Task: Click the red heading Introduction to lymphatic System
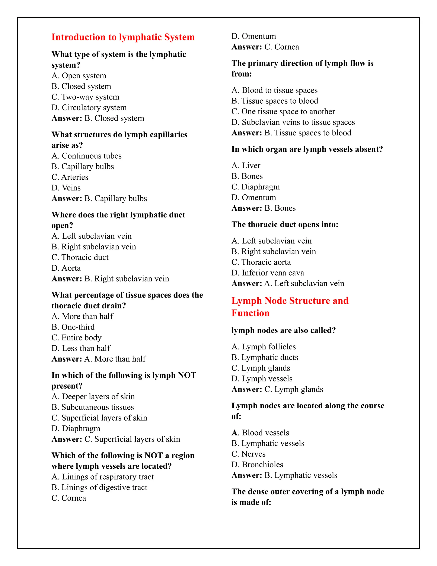click(x=123, y=37)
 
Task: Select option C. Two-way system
click(x=85, y=97)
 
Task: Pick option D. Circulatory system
click(x=89, y=108)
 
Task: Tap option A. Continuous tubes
click(x=86, y=156)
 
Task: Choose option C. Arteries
click(x=70, y=177)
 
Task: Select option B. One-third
click(x=73, y=327)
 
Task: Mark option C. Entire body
click(x=76, y=338)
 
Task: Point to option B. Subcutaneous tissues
click(x=93, y=407)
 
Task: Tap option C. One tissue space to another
click(x=283, y=111)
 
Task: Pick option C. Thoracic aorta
click(x=261, y=262)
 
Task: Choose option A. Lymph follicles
click(x=263, y=346)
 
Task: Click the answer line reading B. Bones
click(x=263, y=208)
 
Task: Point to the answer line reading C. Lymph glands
click(x=277, y=389)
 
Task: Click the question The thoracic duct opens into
click(x=285, y=224)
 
